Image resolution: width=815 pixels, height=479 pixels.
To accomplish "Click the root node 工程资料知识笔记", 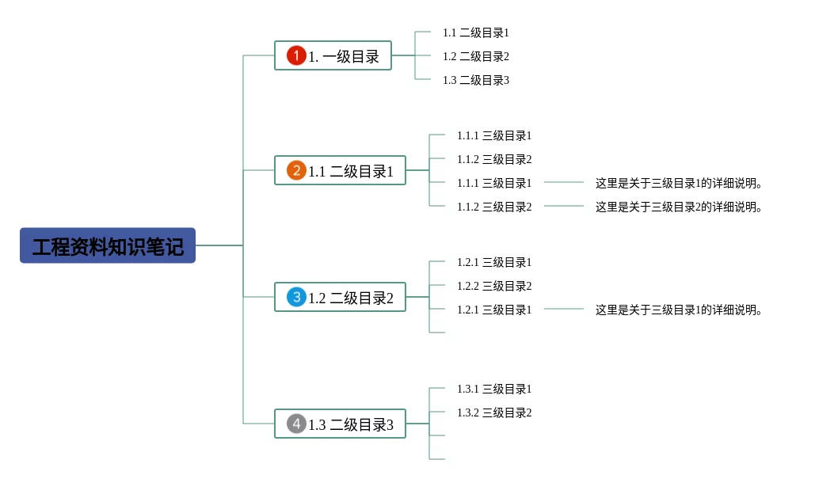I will [x=108, y=246].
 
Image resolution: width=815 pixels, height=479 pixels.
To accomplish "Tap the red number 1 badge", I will [x=296, y=55].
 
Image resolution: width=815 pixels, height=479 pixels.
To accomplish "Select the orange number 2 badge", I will [x=296, y=170].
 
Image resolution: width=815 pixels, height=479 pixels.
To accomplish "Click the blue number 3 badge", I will [x=296, y=298].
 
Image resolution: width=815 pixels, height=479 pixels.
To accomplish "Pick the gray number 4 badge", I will [x=296, y=424].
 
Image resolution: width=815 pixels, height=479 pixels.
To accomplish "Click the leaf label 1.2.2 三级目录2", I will [x=494, y=286].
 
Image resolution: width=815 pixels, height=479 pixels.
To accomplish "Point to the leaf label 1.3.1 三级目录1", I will [x=494, y=389].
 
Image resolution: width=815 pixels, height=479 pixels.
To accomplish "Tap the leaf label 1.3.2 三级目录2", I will [x=494, y=412].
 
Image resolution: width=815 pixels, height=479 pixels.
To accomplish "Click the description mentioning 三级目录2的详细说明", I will [x=679, y=207].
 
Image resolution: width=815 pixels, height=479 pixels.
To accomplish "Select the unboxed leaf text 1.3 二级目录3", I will [x=476, y=80].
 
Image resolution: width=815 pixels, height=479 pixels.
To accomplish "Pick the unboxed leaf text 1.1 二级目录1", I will [x=476, y=32].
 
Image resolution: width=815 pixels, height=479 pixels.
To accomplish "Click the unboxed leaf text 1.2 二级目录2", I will [x=476, y=56].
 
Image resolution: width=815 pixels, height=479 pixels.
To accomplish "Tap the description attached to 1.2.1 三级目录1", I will [x=679, y=310].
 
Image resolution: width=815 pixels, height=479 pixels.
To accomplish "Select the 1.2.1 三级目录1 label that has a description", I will [x=494, y=310].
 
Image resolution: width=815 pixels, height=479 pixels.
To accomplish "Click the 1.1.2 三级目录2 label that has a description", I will [x=494, y=207].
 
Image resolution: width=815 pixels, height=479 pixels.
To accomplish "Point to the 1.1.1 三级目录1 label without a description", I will [x=494, y=135].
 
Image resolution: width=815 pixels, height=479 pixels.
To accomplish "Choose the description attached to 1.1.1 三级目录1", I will [x=679, y=184].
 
